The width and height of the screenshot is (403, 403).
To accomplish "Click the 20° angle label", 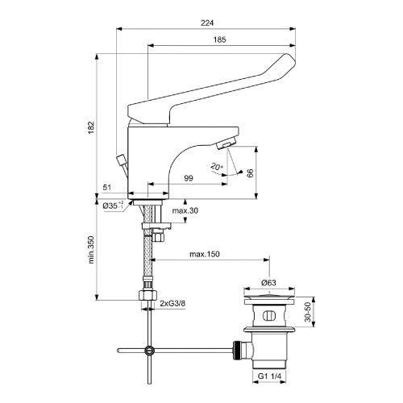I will coord(215,166).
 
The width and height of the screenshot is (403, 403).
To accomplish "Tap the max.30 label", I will coord(185,211).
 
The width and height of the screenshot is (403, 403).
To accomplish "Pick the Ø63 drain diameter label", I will coord(270,284).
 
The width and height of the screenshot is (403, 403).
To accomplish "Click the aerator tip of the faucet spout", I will coord(226,143).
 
